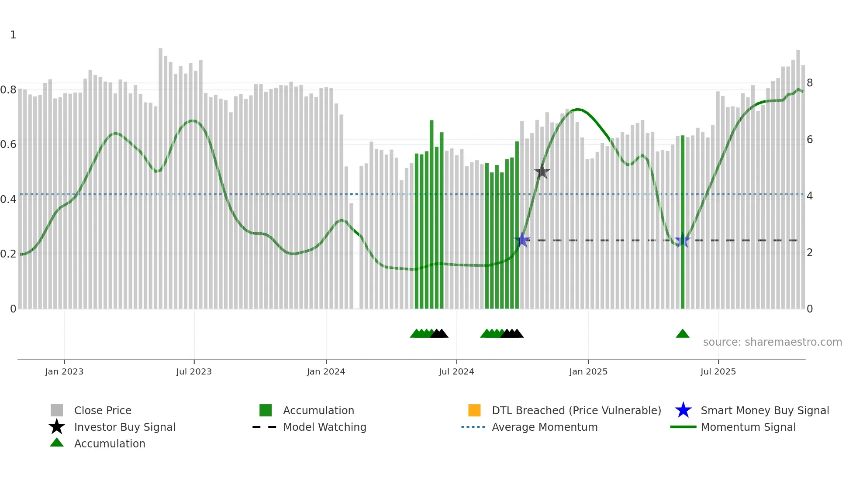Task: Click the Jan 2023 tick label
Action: click(64, 371)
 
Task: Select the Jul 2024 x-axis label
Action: click(456, 371)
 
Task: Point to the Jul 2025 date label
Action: click(718, 371)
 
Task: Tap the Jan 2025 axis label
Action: click(588, 371)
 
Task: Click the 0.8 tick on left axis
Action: click(8, 90)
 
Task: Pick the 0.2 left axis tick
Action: click(8, 254)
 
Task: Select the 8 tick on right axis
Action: click(810, 83)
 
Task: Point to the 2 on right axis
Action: click(810, 253)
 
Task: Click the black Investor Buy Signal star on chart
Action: click(542, 172)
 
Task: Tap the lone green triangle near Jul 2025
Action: click(683, 334)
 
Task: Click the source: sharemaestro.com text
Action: click(772, 342)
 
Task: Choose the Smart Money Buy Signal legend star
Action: click(683, 410)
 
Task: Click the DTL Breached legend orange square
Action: click(474, 410)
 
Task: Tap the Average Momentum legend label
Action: click(545, 427)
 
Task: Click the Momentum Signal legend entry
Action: click(748, 427)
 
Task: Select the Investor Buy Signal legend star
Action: click(57, 427)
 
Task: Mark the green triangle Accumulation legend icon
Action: click(57, 443)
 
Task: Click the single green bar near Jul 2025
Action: click(683, 223)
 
